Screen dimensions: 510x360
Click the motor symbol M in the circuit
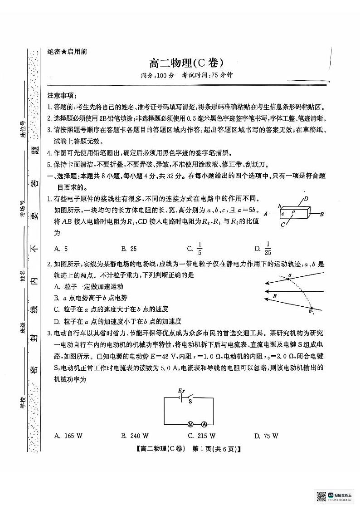click(x=191, y=424)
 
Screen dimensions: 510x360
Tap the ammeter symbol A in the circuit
click(x=204, y=424)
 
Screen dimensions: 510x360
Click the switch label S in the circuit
click(x=190, y=401)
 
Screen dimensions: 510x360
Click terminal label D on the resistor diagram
click(x=306, y=198)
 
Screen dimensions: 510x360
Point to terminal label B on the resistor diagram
click(x=321, y=214)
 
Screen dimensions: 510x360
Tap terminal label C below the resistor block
click(x=282, y=225)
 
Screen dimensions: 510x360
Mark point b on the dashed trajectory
click(x=311, y=310)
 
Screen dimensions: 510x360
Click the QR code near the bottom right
click(x=321, y=496)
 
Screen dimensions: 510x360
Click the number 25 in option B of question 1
click(x=133, y=249)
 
